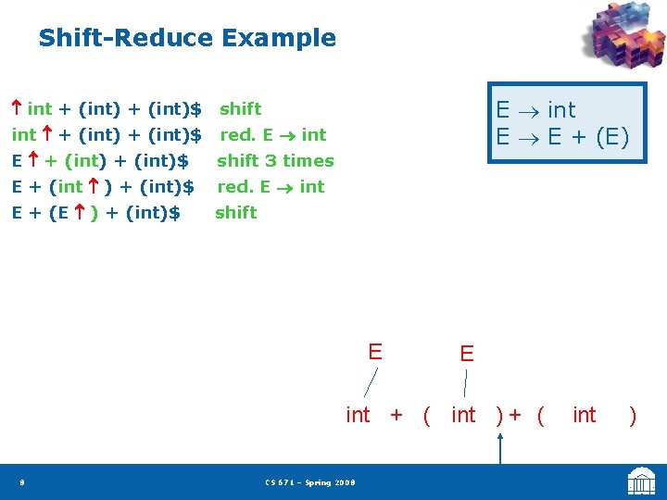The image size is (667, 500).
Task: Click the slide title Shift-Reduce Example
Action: [187, 38]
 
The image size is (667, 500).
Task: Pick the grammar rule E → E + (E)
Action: [562, 137]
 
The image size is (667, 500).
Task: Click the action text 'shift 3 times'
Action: [275, 161]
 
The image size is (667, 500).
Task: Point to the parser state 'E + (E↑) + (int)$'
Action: [95, 213]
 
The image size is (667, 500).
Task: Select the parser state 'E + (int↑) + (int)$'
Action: [103, 187]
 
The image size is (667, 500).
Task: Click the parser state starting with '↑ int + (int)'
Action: [107, 109]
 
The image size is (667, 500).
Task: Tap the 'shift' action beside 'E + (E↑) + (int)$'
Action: [236, 213]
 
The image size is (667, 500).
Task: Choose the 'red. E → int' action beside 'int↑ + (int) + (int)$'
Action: [272, 135]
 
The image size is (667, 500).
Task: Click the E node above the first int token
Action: [375, 352]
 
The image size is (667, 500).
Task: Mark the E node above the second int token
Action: [467, 354]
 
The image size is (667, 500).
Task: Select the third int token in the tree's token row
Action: [585, 416]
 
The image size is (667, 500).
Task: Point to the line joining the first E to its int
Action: [370, 381]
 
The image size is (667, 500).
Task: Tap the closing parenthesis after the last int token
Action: [633, 416]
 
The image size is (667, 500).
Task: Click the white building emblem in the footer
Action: [641, 481]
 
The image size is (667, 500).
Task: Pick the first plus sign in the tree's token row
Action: [396, 416]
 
